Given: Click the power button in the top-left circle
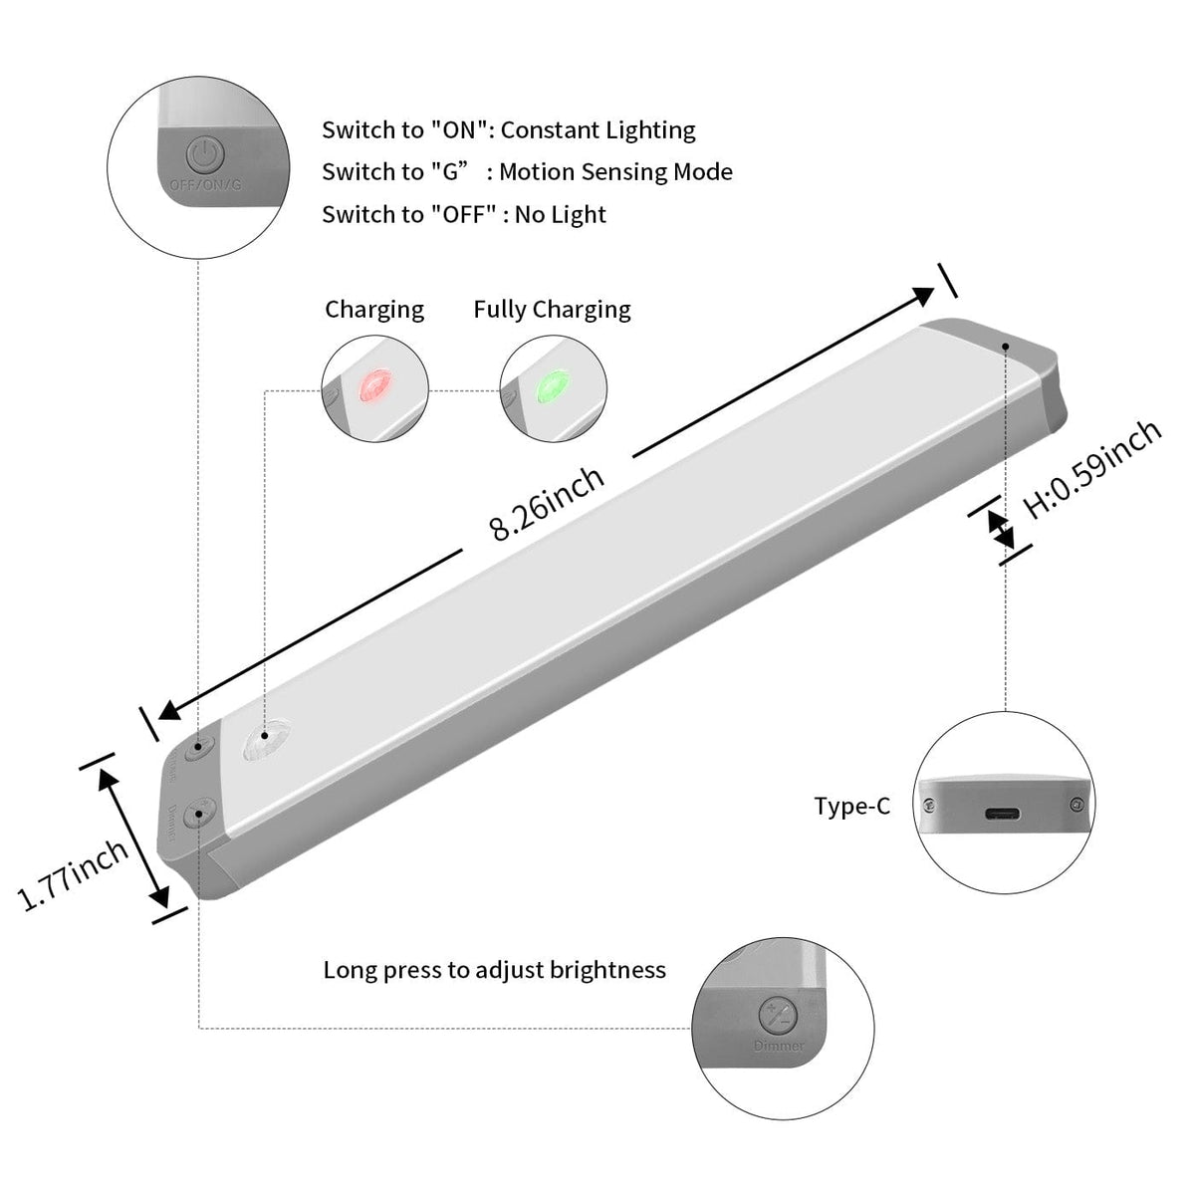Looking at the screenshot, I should [205, 155].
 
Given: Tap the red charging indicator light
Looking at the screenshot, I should [375, 384].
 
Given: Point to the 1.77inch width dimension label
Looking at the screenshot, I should [75, 873].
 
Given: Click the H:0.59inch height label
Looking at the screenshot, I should [1092, 468].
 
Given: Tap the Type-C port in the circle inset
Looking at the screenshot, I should [1002, 814].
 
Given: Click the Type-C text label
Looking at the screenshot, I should [851, 806].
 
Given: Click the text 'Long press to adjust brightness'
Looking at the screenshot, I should [494, 970].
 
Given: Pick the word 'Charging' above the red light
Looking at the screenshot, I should [374, 310].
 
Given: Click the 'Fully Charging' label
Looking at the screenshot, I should [552, 310].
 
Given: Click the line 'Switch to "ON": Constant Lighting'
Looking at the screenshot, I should [508, 130].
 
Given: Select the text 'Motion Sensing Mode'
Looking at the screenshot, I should [615, 172].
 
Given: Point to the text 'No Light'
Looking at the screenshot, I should [560, 215].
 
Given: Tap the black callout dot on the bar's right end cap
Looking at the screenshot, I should [1007, 347].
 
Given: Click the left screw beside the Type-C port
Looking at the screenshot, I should [929, 805].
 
